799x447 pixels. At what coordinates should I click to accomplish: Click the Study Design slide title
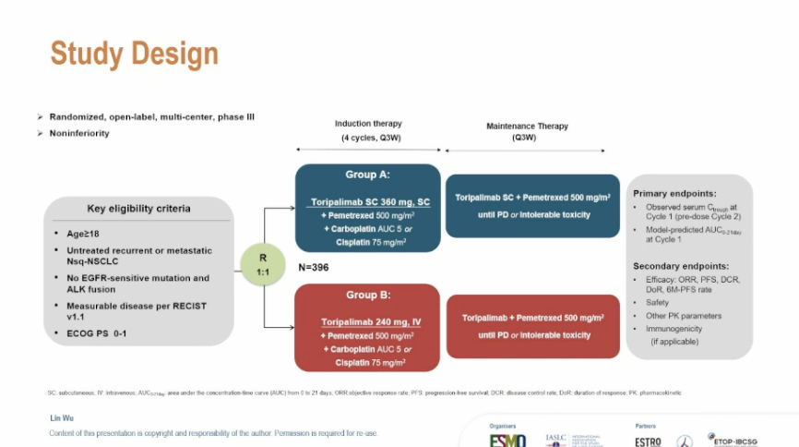click(x=134, y=53)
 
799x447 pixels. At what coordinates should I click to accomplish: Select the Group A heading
click(x=367, y=174)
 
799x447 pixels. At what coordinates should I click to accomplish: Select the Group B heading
click(x=367, y=296)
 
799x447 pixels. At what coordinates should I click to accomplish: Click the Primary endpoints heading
click(x=675, y=193)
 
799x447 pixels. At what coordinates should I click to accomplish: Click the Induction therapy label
click(x=367, y=124)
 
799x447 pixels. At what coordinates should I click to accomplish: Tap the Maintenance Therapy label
click(x=527, y=127)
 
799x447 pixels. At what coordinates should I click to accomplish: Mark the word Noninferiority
click(x=79, y=133)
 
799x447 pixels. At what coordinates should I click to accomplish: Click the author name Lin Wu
click(x=62, y=418)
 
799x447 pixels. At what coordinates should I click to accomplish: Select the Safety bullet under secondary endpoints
click(x=659, y=302)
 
